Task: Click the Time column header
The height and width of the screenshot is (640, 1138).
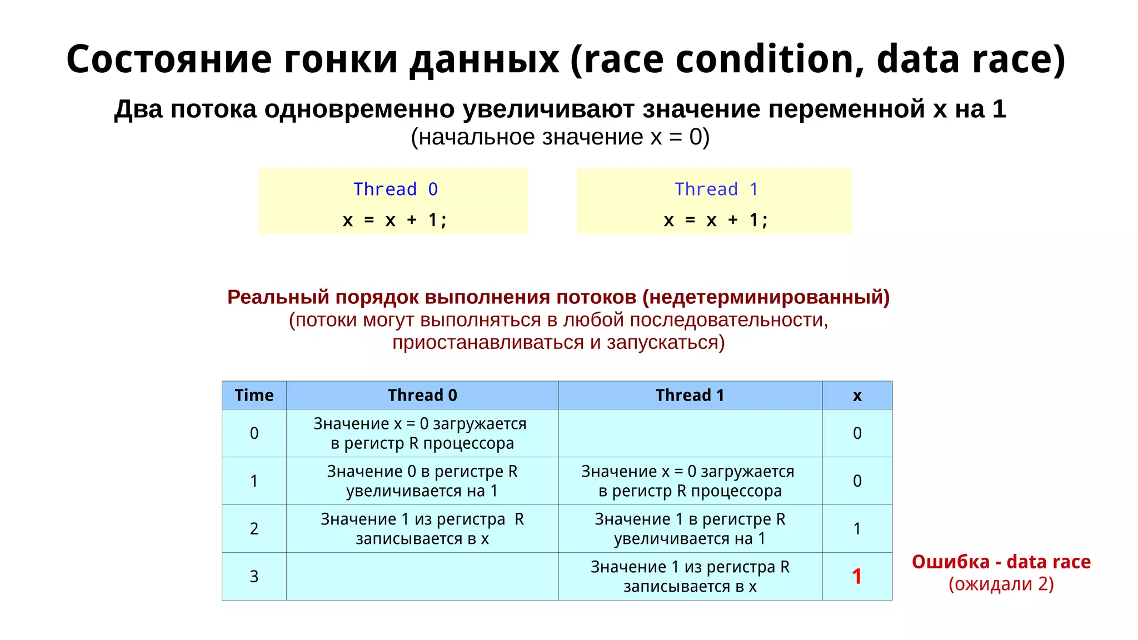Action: (254, 395)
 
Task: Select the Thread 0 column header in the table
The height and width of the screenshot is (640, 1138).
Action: (422, 395)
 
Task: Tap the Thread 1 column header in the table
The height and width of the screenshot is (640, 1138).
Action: (690, 395)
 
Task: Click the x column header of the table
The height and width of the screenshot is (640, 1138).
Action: (857, 395)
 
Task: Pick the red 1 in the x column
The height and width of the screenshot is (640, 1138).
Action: (857, 576)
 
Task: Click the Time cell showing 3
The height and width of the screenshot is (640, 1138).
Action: (254, 576)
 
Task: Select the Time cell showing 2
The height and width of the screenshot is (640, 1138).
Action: (254, 528)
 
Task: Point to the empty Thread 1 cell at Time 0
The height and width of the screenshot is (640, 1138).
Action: (690, 433)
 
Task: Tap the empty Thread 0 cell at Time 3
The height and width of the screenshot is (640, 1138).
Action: (422, 576)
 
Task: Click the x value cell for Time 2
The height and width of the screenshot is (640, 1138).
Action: (857, 528)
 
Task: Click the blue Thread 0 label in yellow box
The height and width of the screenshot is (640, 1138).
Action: (396, 189)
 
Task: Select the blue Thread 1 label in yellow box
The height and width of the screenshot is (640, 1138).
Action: (716, 189)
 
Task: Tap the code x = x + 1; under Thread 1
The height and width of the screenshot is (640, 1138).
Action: (716, 220)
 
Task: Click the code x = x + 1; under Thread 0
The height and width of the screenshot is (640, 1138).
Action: (395, 220)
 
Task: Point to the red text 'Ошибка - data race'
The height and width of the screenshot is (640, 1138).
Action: (1001, 562)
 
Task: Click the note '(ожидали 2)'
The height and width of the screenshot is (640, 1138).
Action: (1001, 584)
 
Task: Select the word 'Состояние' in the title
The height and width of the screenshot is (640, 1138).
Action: (169, 59)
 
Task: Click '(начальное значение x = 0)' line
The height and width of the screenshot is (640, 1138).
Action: (560, 137)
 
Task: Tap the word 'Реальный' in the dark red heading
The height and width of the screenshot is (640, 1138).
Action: (278, 297)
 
